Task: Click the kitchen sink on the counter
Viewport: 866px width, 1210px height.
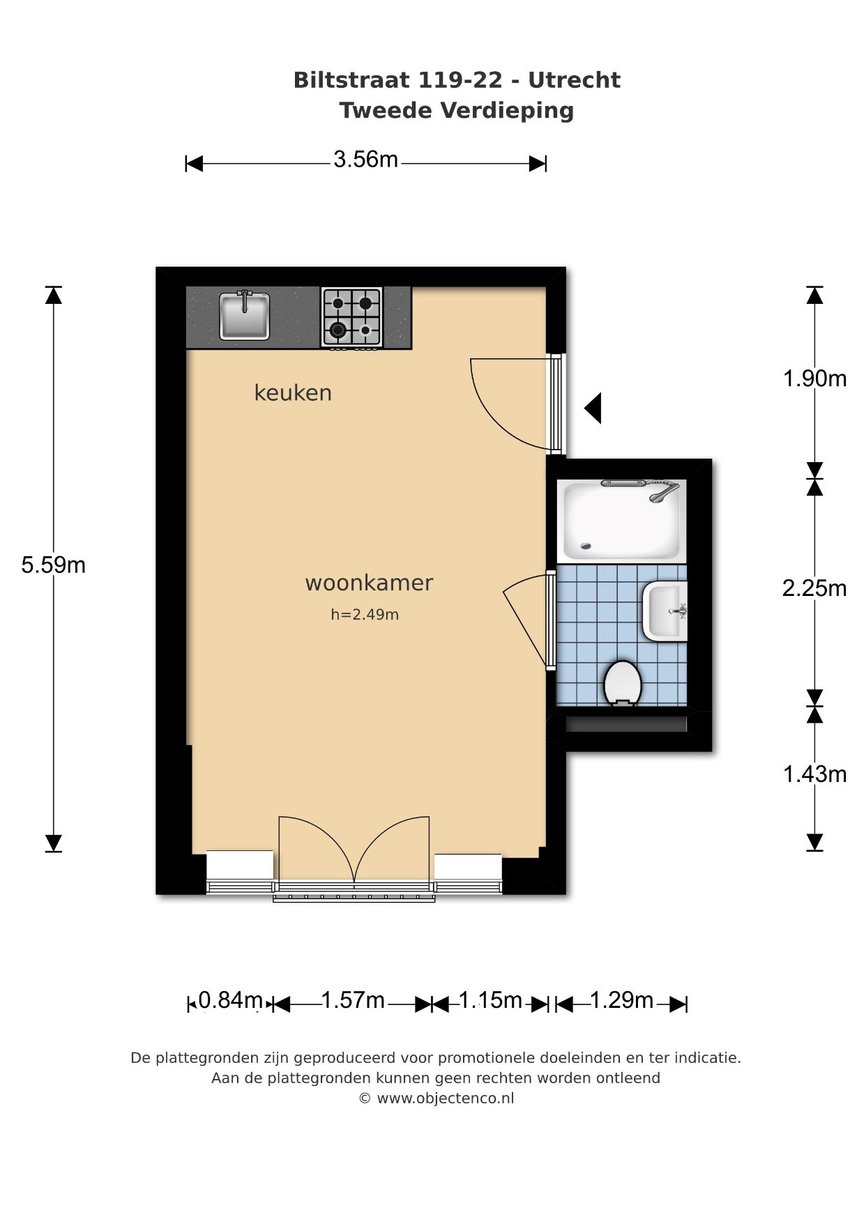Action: point(244,316)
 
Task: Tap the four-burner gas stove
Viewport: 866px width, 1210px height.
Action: point(351,318)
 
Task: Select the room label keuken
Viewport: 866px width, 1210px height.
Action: point(293,392)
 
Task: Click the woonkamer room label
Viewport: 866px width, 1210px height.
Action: point(369,583)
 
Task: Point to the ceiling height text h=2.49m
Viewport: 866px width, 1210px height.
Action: point(365,614)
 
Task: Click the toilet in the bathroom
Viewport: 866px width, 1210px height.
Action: point(623,684)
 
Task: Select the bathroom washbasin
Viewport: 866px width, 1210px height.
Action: point(665,612)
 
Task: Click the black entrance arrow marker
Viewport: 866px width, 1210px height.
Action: point(593,408)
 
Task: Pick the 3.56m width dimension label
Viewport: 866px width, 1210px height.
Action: point(365,160)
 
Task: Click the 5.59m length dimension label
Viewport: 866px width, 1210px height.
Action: point(54,565)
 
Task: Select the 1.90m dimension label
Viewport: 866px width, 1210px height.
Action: point(814,378)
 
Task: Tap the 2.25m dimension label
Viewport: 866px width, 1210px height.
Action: point(814,588)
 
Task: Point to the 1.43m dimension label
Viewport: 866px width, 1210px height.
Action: point(814,774)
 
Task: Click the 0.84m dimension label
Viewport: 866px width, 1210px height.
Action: point(231,1000)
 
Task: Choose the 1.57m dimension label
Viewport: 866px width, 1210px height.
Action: point(353,1000)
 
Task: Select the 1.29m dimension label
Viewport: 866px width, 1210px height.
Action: point(621,1000)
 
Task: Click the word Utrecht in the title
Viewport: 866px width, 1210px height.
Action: point(574,80)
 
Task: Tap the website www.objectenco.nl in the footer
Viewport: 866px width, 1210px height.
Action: point(446,1098)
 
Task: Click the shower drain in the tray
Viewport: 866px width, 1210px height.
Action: point(586,546)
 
